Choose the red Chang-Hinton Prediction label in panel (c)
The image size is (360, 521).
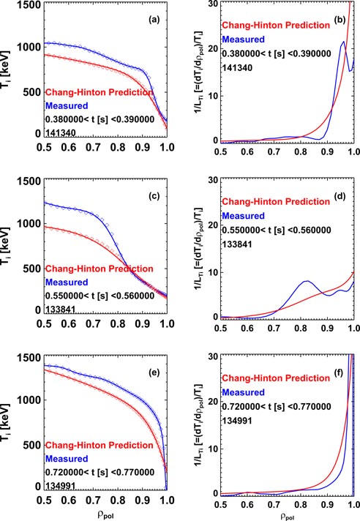click(100, 269)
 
